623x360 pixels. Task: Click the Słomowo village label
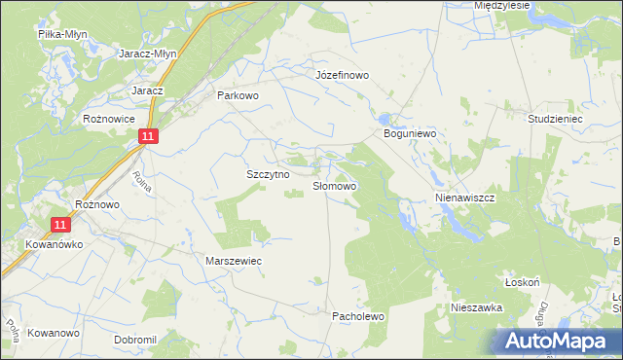tap(335, 185)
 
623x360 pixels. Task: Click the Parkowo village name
tap(238, 95)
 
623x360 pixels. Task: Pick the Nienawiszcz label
tap(464, 197)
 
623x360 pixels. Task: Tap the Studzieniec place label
tap(555, 118)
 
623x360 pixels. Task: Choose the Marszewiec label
tap(234, 261)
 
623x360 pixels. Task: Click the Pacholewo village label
tap(360, 316)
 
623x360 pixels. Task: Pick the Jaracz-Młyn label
tap(147, 54)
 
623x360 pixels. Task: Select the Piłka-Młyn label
tap(62, 33)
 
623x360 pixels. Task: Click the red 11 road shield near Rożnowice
tap(145, 137)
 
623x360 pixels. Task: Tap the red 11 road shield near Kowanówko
tap(61, 224)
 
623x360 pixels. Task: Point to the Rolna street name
tap(141, 181)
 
